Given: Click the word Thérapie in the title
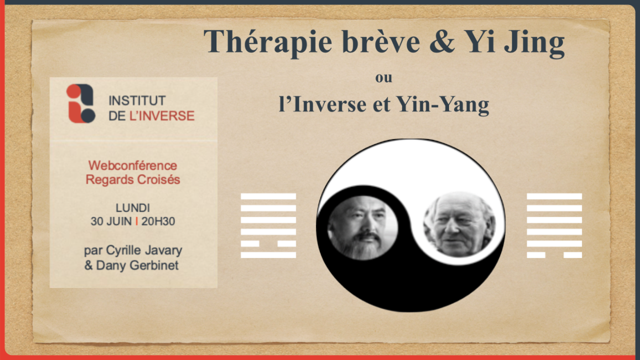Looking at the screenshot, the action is pyautogui.click(x=268, y=42).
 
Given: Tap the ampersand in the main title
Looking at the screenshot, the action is pyautogui.click(x=442, y=41).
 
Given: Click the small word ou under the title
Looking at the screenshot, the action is pyautogui.click(x=384, y=78).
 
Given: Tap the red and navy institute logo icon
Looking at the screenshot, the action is pyautogui.click(x=81, y=104).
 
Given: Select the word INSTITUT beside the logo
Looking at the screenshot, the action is pyautogui.click(x=137, y=100).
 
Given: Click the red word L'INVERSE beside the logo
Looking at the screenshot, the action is pyautogui.click(x=162, y=116).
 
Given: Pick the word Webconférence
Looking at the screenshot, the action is pyautogui.click(x=133, y=165).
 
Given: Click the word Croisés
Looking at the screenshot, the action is pyautogui.click(x=158, y=179).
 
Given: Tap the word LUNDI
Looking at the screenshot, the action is pyautogui.click(x=133, y=208).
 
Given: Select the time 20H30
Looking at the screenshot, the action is pyautogui.click(x=158, y=221).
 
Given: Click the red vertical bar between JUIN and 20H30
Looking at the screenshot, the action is pyautogui.click(x=136, y=221).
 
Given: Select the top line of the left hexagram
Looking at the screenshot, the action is pyautogui.click(x=268, y=196).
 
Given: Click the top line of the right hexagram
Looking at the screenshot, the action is pyautogui.click(x=554, y=196).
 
